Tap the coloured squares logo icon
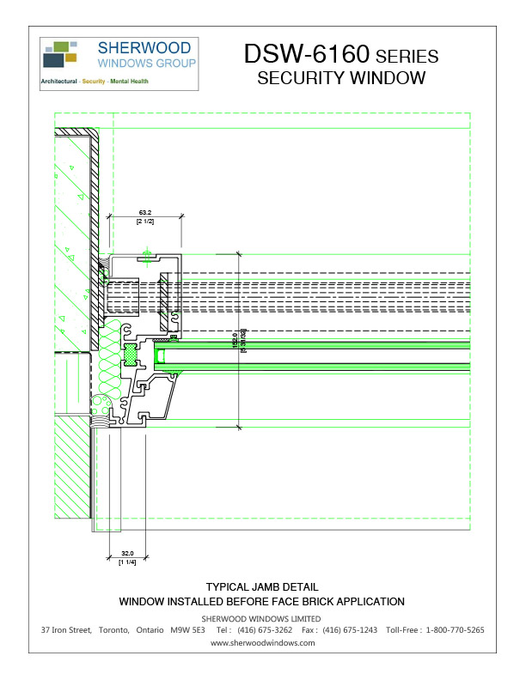59,54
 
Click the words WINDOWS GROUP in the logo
146,64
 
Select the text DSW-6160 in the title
306,55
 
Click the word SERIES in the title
407,57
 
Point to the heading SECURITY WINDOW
341,79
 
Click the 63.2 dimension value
144,212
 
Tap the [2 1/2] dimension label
144,222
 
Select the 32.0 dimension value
127,554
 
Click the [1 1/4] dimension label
127,562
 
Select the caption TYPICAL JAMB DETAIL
261,587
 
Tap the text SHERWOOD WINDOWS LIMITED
261,618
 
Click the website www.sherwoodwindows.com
262,642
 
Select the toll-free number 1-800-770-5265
455,630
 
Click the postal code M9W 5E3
187,630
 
